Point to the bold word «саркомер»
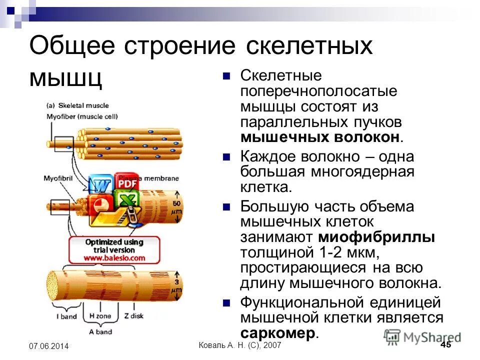(278, 333)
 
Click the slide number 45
(446, 345)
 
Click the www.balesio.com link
(114, 258)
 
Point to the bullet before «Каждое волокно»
(226, 156)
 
